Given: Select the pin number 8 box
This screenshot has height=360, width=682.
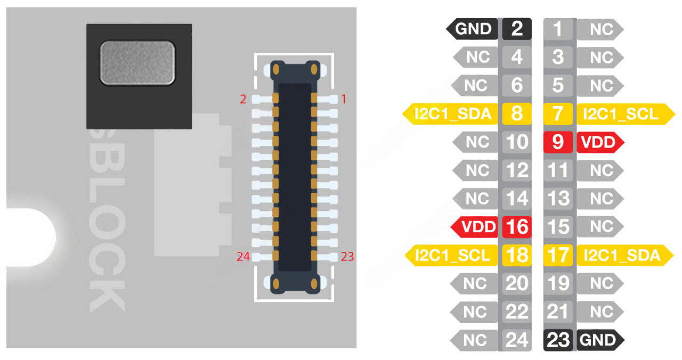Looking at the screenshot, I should [x=516, y=113].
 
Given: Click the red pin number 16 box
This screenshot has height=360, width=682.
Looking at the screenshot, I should [x=516, y=227].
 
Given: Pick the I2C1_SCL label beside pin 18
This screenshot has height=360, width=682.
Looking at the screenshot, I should [x=453, y=256].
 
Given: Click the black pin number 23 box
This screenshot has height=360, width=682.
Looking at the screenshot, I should [x=558, y=340].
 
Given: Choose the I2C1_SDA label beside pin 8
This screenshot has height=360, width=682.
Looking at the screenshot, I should [x=453, y=113].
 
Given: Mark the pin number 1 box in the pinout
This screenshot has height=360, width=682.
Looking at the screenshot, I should [x=558, y=28].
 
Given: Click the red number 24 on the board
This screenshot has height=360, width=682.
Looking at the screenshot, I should [x=243, y=257].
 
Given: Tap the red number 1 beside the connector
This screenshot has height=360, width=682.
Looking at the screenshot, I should [x=344, y=99].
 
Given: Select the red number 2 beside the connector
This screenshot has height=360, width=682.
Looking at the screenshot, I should [x=243, y=99].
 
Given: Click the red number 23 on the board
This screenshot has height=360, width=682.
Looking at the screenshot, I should [x=347, y=257].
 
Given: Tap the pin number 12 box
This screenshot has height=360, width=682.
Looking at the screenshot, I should [x=516, y=170].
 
